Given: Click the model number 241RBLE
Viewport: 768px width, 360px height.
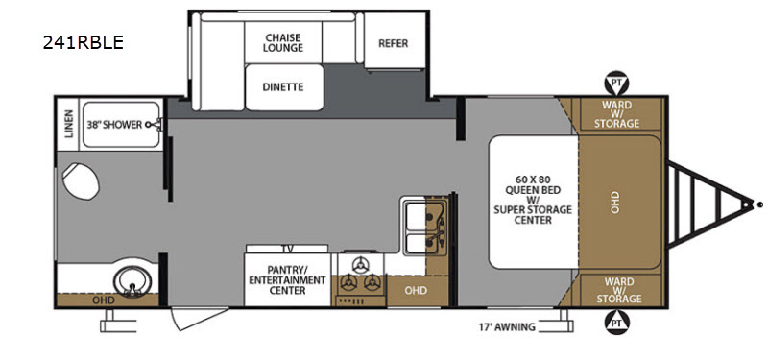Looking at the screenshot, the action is (x=83, y=42).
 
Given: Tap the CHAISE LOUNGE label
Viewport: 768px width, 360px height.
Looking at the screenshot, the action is (x=282, y=42).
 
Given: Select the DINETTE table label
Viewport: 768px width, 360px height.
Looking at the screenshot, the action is (x=283, y=87).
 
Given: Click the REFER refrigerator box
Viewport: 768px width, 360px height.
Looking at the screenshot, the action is (x=395, y=40).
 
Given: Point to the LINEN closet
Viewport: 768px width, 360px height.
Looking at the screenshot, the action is (x=68, y=124).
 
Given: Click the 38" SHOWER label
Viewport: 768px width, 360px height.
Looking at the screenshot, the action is (x=114, y=125).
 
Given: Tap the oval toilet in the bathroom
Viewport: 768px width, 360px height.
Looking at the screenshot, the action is (x=81, y=180).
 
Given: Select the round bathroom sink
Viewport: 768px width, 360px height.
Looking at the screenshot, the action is (x=132, y=281).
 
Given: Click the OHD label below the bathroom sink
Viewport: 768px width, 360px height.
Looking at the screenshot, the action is (x=104, y=300).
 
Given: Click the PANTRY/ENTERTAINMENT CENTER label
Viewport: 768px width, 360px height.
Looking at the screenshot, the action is (x=287, y=279).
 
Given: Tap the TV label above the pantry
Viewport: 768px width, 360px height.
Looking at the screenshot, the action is (x=290, y=249).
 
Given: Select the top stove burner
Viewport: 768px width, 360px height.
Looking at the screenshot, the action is (x=361, y=265).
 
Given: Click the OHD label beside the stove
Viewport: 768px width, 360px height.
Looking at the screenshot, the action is (x=416, y=291).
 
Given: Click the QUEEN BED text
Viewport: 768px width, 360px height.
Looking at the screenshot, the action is (x=533, y=189).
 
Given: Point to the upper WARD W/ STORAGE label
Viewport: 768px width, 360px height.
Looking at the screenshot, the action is (x=616, y=114).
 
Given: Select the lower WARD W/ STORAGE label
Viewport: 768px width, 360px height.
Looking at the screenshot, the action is (x=616, y=290).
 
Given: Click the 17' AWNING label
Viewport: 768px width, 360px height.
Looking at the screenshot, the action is (x=507, y=326).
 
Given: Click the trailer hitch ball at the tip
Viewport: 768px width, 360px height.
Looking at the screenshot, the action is (x=759, y=204).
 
